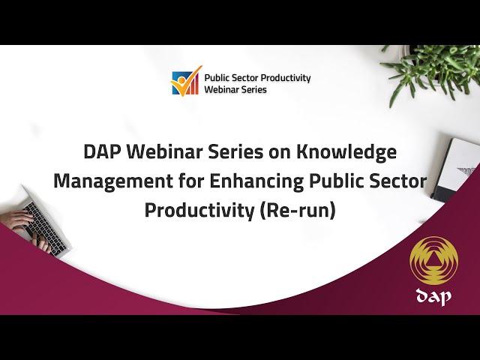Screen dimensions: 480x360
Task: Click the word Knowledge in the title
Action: pos(346,152)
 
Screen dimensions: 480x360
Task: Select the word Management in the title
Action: pos(113,181)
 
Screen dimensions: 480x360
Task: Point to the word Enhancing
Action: pos(256,181)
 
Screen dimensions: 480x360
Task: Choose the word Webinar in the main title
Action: pos(163,151)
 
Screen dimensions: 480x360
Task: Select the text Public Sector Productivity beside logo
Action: pos(257,78)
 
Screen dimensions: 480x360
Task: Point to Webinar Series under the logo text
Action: pos(235,89)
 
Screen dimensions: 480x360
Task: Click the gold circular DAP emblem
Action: pos(433,260)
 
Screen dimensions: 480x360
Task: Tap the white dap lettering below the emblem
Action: pos(433,296)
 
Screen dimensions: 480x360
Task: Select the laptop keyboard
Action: pos(45,228)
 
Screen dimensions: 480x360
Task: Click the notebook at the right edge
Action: pos(456,170)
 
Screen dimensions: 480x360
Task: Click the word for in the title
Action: pos(190,181)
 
